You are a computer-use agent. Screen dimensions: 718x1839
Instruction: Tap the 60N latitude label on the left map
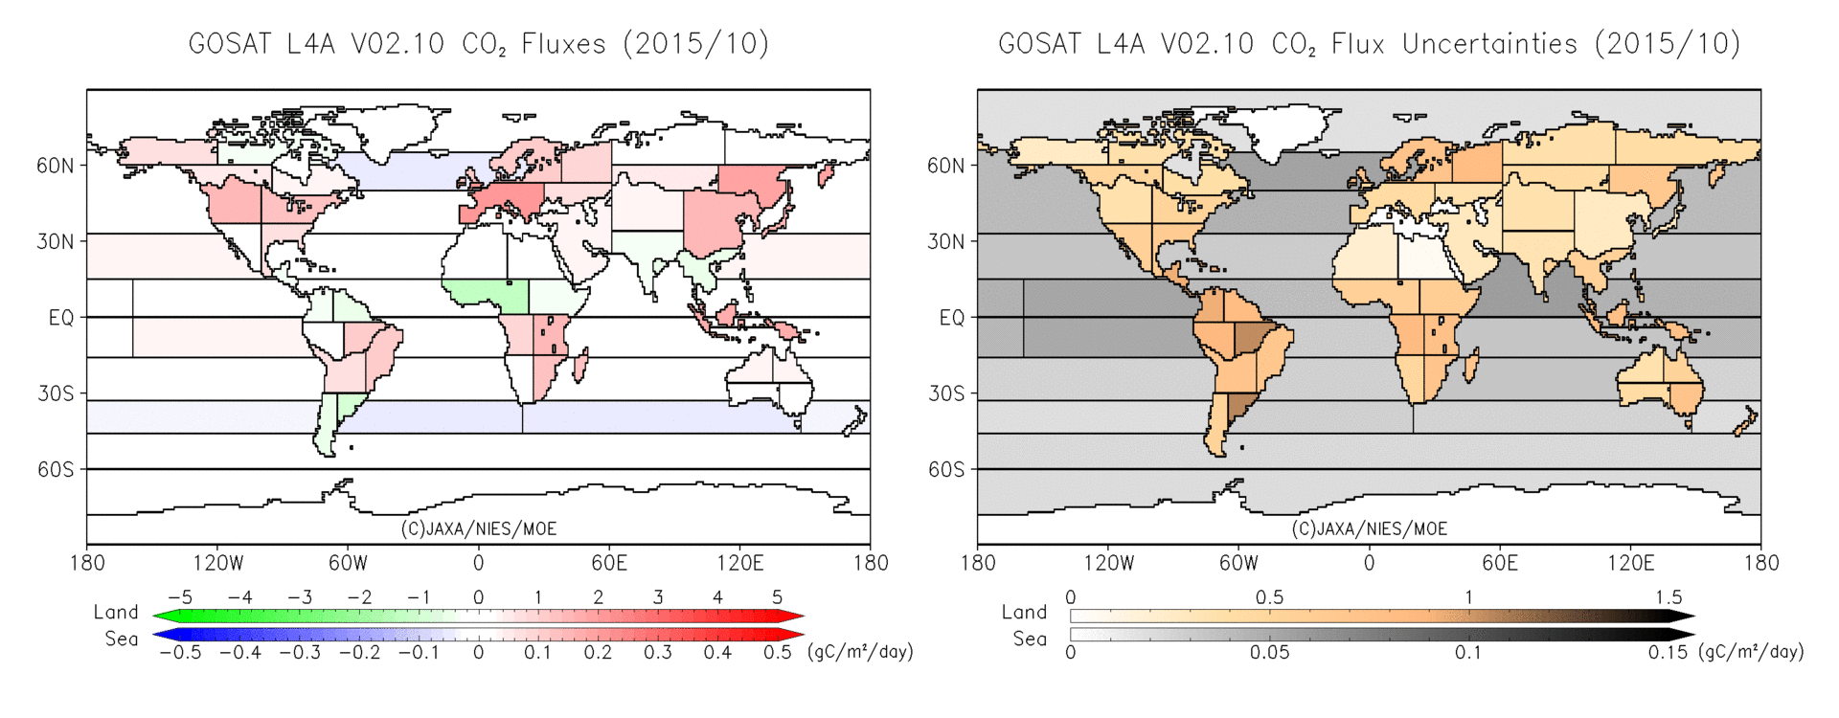[55, 166]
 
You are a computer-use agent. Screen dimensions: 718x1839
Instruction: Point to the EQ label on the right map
[951, 318]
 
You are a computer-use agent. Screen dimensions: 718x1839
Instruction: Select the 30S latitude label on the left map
[56, 393]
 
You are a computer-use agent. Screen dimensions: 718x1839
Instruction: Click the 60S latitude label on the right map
[946, 469]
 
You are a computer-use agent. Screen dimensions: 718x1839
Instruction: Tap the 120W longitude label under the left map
[217, 563]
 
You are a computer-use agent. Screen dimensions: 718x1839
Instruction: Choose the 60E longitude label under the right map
[1499, 563]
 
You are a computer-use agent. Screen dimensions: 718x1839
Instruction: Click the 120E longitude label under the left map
[739, 563]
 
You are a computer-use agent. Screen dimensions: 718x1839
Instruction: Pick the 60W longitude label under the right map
[1237, 563]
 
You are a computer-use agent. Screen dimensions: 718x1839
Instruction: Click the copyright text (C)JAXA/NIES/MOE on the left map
[478, 528]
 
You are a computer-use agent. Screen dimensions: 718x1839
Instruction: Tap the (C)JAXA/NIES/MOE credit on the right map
[1369, 528]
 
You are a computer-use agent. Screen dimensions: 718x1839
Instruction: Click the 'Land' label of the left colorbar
[116, 612]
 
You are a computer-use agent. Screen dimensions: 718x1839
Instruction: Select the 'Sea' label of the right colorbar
[1030, 639]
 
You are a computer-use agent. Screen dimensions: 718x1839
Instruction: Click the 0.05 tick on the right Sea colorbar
[1269, 653]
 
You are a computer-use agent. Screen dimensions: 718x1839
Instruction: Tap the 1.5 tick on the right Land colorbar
[1668, 597]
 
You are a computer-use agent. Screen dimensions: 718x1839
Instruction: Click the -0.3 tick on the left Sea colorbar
[299, 653]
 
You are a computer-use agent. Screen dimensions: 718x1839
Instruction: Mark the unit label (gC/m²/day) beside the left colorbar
[860, 652]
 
